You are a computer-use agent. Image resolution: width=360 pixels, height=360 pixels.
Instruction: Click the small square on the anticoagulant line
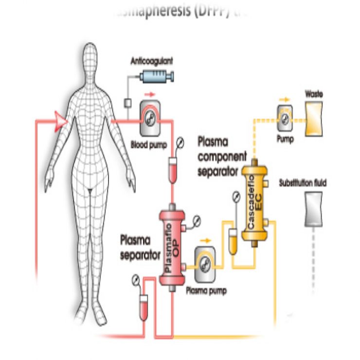(129, 103)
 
